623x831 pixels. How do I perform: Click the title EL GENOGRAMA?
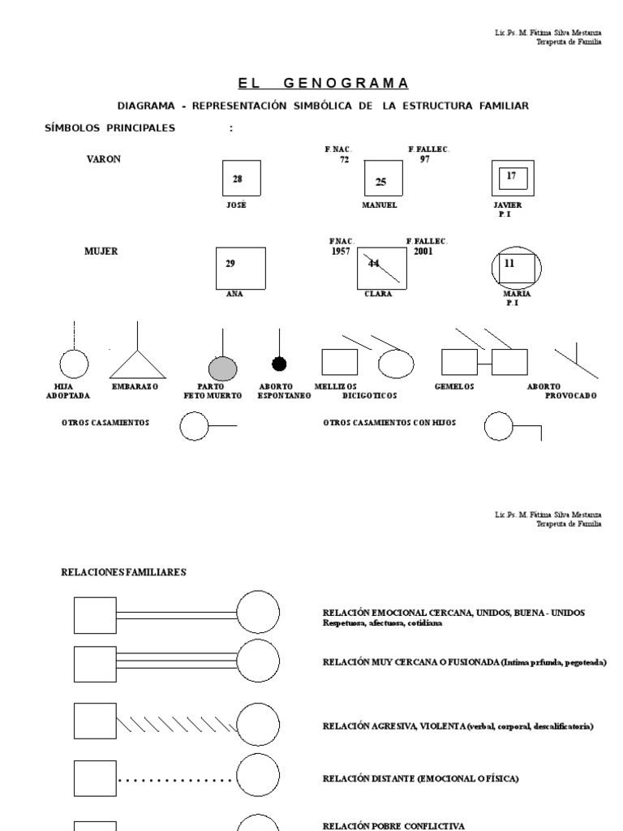[x=323, y=84]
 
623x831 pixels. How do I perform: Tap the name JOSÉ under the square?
[x=235, y=205]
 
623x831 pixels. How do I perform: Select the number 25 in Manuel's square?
[x=380, y=182]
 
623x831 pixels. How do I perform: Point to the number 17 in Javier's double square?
[x=511, y=175]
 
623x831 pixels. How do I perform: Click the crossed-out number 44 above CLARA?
[x=374, y=263]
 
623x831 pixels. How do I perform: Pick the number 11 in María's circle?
[x=509, y=264]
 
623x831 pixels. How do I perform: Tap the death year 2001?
[x=422, y=252]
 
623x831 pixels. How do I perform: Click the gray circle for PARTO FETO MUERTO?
[x=222, y=368]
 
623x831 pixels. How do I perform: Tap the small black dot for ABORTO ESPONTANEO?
[x=279, y=364]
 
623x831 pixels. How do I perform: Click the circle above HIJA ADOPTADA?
[x=74, y=364]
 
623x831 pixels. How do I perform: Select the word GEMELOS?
[x=454, y=386]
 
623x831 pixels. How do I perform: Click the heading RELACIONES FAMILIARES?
[x=124, y=572]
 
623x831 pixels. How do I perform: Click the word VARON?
[x=103, y=159]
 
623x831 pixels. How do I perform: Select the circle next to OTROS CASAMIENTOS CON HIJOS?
[x=500, y=427]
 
